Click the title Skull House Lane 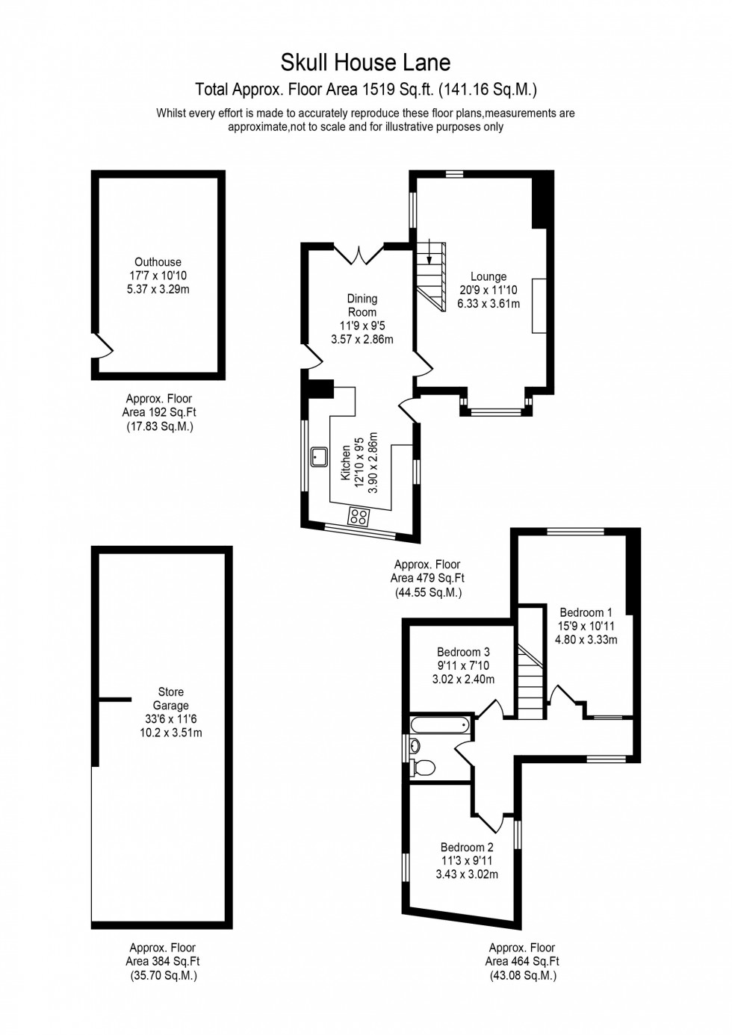365,62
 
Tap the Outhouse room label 158,262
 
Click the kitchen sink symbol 320,456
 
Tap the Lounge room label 488,277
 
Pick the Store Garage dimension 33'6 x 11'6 171,719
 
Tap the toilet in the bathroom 424,768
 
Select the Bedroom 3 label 463,652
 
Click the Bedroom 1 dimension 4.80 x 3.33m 586,640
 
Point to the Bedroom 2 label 467,848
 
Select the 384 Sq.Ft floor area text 163,962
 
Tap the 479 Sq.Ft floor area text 427,578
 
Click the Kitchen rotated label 346,463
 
